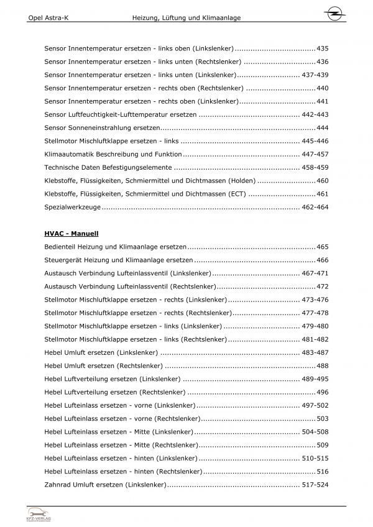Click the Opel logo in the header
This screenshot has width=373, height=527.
pos(334,13)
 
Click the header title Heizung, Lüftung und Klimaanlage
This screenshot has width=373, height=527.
pos(186,19)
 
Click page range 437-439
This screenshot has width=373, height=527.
pos(315,75)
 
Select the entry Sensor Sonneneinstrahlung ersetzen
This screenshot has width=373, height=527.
pos(99,127)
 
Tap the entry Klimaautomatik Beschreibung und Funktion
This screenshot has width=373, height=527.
pos(113,154)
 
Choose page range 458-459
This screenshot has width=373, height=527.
pos(315,167)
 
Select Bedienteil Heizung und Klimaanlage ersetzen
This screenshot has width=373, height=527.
pos(116,247)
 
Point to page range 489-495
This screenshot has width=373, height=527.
pos(315,378)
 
